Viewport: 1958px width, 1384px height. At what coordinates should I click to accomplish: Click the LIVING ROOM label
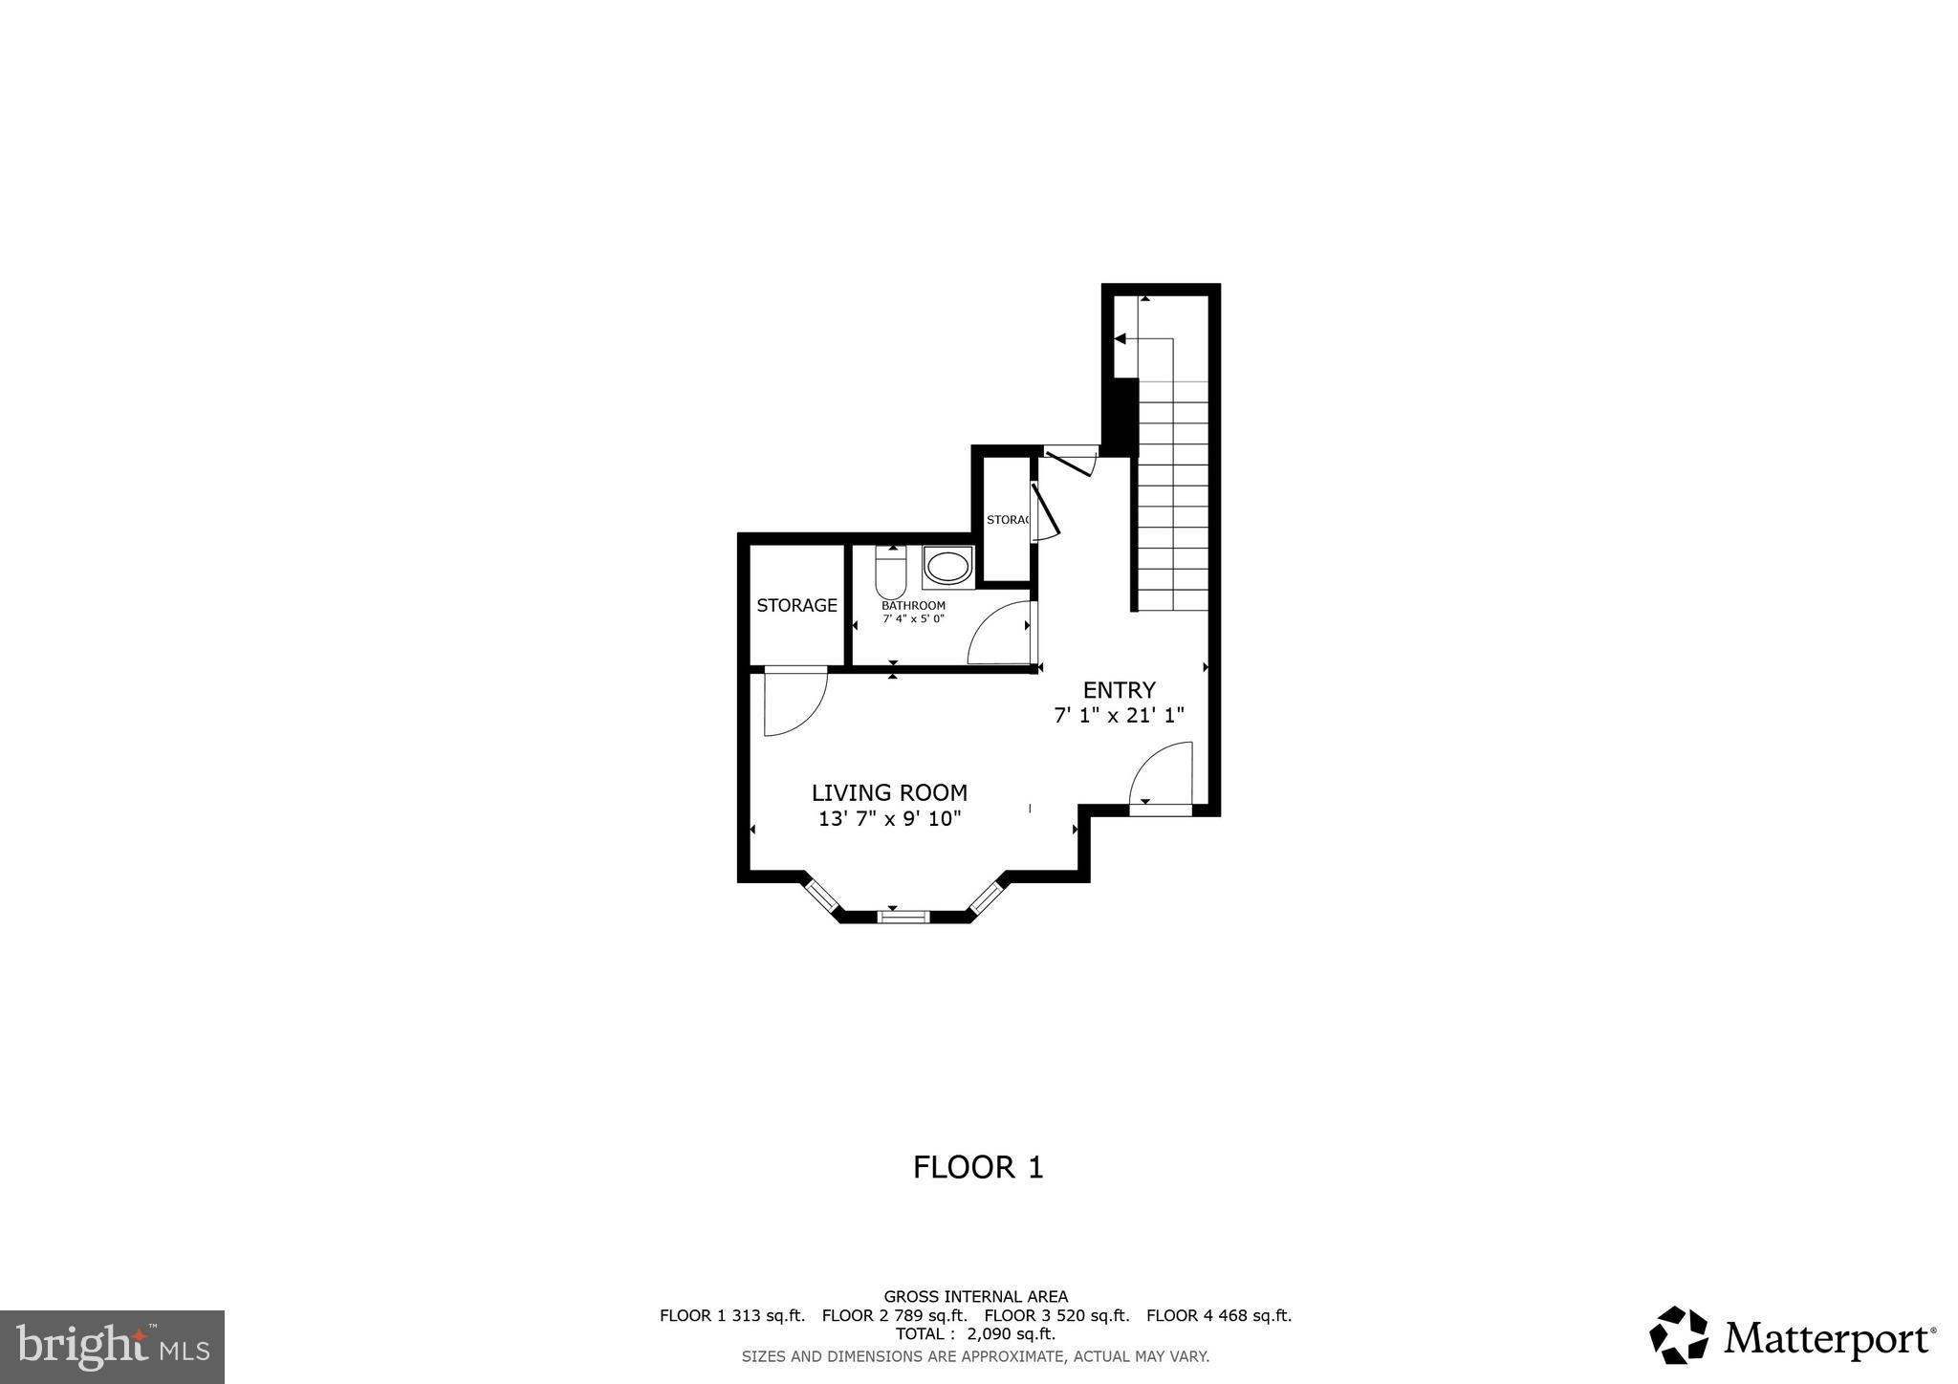point(889,792)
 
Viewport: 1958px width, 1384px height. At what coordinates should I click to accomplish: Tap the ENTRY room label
point(1119,689)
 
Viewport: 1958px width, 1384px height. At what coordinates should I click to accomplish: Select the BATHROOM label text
point(913,605)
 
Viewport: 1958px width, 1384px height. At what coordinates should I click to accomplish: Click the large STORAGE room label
point(796,605)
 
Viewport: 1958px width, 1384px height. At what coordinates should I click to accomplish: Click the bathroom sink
point(947,567)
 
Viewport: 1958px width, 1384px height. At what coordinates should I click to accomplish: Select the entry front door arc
point(1161,776)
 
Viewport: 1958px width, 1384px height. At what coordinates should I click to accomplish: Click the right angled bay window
point(987,897)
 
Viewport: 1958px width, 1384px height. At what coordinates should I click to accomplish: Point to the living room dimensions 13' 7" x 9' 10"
point(889,818)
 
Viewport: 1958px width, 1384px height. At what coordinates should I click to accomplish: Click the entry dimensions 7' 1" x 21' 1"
point(1119,715)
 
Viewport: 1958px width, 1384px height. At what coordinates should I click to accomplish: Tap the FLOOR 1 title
point(978,1167)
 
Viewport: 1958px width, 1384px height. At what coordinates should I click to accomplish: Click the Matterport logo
point(1793,1335)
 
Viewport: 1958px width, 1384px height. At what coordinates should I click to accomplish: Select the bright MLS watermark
point(112,1347)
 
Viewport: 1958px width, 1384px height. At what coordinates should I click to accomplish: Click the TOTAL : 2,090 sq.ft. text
point(975,1333)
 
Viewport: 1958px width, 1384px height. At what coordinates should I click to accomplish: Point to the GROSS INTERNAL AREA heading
point(975,1297)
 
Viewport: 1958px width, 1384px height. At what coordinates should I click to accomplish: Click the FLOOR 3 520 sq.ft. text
point(1056,1315)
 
